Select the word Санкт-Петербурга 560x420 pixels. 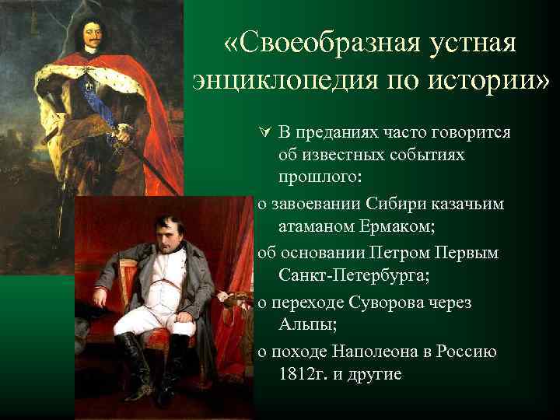(348, 278)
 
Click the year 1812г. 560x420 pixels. (303, 374)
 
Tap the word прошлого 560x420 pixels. (319, 177)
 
